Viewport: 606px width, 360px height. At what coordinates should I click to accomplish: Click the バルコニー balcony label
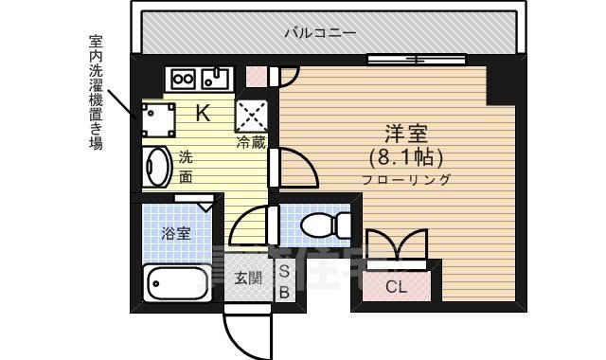(319, 33)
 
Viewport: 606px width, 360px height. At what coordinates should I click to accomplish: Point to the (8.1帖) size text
(405, 156)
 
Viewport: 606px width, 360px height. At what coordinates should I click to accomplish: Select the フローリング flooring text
(405, 179)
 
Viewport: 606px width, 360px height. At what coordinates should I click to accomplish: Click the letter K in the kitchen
(203, 114)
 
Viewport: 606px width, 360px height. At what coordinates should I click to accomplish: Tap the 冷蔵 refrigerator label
(252, 143)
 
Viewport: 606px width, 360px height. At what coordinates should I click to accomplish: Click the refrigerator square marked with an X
(252, 116)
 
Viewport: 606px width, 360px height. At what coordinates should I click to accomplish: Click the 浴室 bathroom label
(176, 232)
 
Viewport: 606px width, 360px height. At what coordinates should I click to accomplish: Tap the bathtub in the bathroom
(177, 282)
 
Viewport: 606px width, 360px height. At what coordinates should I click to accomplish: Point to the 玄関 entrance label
(248, 278)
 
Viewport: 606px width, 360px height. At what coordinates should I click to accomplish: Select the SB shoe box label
(283, 281)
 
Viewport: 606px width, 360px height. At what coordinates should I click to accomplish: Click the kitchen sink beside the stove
(218, 78)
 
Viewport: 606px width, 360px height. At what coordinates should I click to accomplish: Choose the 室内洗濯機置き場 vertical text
(95, 92)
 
